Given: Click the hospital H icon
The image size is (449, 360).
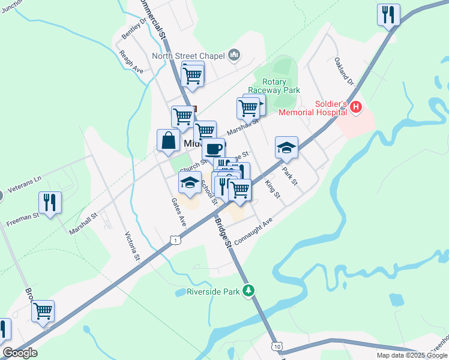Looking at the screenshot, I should click(357, 107).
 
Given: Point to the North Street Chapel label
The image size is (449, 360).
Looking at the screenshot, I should click(188, 56).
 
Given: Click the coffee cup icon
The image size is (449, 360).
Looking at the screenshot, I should click(213, 148).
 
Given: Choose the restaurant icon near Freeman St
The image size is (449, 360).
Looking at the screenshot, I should click(50, 202).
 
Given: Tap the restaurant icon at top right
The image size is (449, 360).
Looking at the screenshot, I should click(388, 14).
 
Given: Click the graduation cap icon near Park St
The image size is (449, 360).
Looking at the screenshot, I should click(287, 148).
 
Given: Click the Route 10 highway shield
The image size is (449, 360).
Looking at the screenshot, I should click(276, 347).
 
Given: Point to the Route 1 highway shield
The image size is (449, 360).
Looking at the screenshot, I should click(175, 240).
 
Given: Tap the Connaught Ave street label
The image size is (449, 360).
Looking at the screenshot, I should click(253, 230).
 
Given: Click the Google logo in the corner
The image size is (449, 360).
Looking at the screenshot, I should click(20, 353).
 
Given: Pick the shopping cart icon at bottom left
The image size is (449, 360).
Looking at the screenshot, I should click(43, 311).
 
